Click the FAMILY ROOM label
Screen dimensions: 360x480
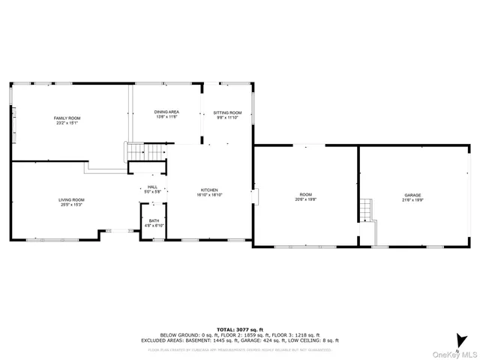[67, 118]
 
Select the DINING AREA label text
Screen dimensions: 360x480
[166, 112]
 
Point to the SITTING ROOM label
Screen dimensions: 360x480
[227, 112]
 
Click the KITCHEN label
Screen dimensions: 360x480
[208, 190]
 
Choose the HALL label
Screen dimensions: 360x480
[152, 187]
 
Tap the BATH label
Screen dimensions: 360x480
[154, 220]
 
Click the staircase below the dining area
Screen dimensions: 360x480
[144, 151]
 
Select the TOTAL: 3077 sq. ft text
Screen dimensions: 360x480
[240, 329]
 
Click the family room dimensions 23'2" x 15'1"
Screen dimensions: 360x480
[67, 123]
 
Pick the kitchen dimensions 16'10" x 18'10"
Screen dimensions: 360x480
[208, 195]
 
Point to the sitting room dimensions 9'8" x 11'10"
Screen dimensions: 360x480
[227, 117]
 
